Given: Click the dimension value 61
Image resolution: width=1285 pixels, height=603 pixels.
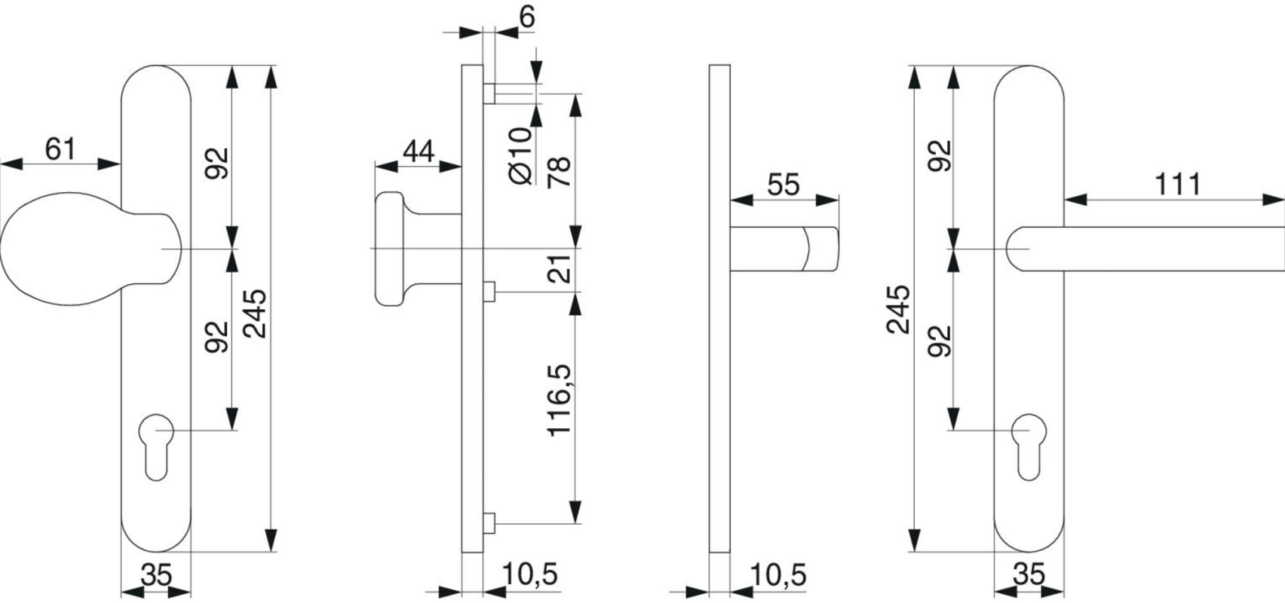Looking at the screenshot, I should pyautogui.click(x=60, y=148).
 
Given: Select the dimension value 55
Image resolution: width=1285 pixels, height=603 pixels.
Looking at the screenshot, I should pyautogui.click(x=784, y=185).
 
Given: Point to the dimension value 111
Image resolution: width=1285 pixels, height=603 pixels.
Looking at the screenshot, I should pyautogui.click(x=1177, y=185).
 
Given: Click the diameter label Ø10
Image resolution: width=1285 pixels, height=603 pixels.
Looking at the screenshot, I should pyautogui.click(x=520, y=156).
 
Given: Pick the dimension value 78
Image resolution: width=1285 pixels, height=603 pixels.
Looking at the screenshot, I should pyautogui.click(x=560, y=172).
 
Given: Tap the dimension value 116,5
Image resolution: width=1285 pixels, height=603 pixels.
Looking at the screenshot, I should pyautogui.click(x=560, y=399).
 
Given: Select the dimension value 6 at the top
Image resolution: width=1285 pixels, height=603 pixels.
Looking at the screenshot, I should pyautogui.click(x=526, y=17).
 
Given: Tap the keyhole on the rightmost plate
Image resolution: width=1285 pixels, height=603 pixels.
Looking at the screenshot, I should pyautogui.click(x=1028, y=445).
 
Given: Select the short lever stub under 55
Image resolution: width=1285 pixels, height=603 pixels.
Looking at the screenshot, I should pyautogui.click(x=784, y=249).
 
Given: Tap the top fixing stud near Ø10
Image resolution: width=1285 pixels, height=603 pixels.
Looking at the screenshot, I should pyautogui.click(x=488, y=93).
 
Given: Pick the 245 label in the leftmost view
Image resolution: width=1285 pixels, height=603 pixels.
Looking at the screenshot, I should pyautogui.click(x=256, y=313).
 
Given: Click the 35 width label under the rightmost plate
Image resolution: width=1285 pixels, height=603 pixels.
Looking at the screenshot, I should pyautogui.click(x=1029, y=575).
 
